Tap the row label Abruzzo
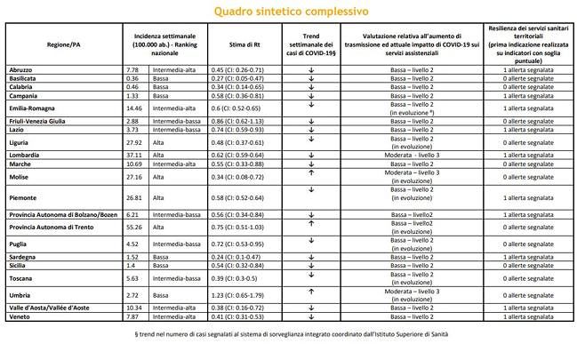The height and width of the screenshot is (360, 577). pyautogui.click(x=20, y=68)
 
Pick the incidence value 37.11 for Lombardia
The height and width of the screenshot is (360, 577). pyautogui.click(x=136, y=155)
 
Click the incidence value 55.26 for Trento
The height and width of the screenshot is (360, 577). pyautogui.click(x=136, y=227)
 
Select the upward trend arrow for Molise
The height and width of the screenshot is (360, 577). pyautogui.click(x=312, y=172)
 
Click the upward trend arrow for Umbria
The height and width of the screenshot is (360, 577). pyautogui.click(x=312, y=290)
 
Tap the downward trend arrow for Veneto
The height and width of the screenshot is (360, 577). pyautogui.click(x=312, y=316)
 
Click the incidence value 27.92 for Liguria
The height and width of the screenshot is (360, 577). pyautogui.click(x=136, y=141)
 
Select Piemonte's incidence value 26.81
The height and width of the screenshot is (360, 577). pyautogui.click(x=136, y=196)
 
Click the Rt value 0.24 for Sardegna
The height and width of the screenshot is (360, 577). pyautogui.click(x=224, y=256)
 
